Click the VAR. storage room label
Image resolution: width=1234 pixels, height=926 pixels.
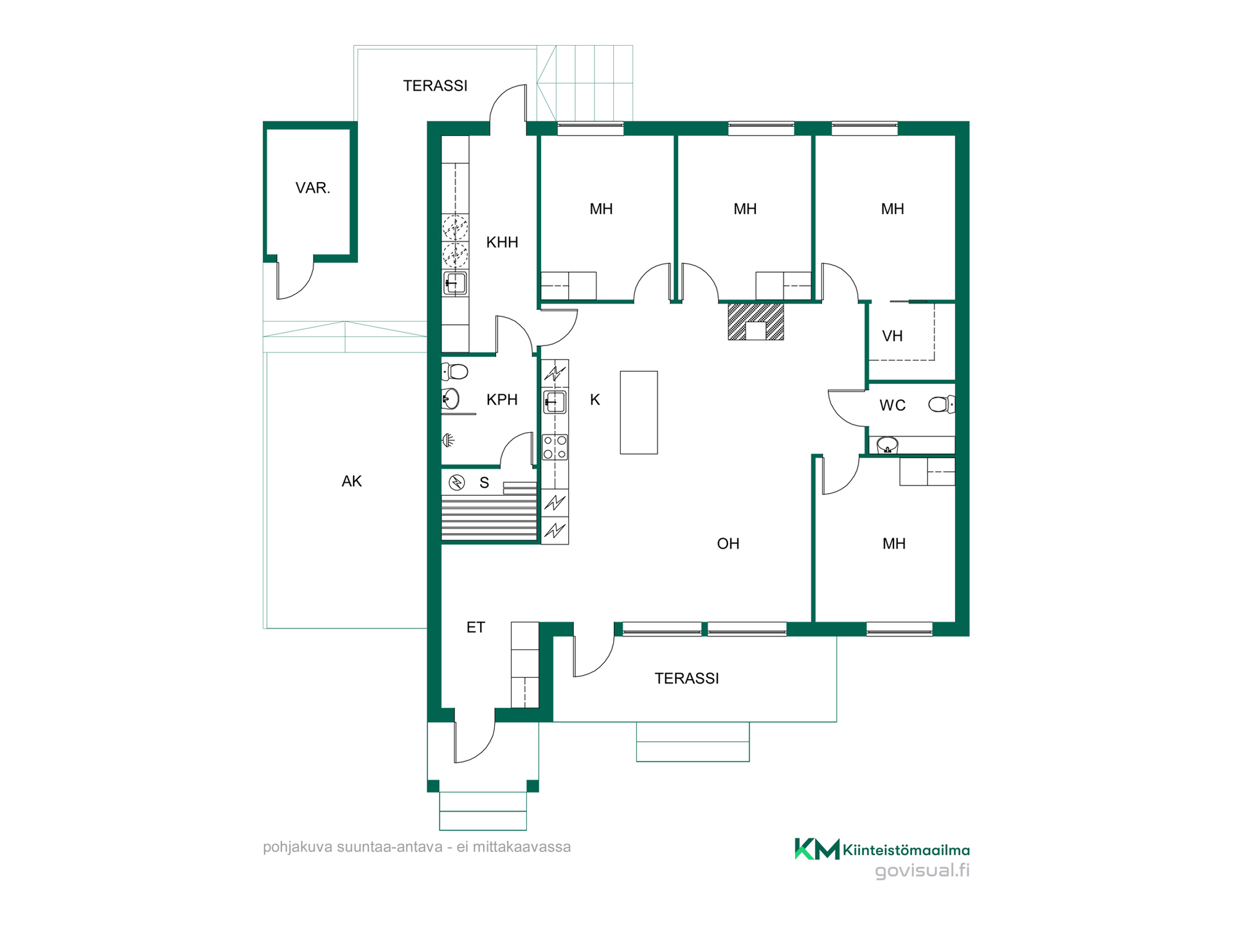point(312,188)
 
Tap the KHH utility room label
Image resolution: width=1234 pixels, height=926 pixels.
point(502,242)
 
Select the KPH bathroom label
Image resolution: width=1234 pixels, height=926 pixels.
point(502,399)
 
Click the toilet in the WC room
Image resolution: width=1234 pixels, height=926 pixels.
point(942,404)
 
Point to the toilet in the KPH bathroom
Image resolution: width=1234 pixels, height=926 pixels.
point(454,372)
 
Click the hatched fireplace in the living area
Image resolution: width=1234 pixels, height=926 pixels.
point(756,322)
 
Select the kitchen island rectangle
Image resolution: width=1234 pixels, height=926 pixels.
point(639,412)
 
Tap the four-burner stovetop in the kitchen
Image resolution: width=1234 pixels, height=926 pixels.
point(555,447)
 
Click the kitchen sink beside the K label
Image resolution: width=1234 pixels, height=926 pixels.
point(555,403)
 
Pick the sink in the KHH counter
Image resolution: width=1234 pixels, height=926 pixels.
point(455,283)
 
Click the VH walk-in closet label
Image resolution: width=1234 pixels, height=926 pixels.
point(892,336)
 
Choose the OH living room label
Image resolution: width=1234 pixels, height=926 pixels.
point(728,544)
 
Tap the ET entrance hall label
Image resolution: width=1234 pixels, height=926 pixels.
point(476,628)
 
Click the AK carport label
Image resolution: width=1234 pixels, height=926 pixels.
point(352,481)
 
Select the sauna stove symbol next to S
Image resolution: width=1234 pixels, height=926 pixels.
point(457,482)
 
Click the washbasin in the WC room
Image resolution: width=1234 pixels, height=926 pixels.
point(888,444)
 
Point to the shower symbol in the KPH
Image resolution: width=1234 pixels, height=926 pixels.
point(448,440)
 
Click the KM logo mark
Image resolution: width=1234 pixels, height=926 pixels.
point(817,849)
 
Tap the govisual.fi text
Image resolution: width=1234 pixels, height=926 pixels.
point(922,871)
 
